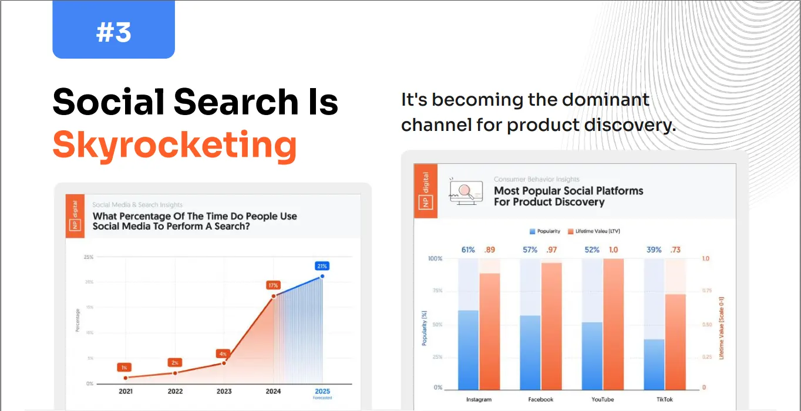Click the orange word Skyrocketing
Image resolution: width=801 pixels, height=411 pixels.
click(x=174, y=144)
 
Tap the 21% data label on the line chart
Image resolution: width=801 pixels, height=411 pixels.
click(x=322, y=265)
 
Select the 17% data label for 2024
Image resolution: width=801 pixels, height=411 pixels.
click(x=272, y=285)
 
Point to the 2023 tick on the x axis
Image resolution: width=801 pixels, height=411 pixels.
click(x=224, y=391)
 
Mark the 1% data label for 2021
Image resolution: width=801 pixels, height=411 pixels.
click(x=124, y=368)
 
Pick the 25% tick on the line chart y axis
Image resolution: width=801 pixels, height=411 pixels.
click(x=89, y=257)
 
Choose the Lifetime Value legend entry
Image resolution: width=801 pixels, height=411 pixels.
click(x=594, y=231)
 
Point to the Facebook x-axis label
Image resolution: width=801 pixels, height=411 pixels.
click(x=541, y=399)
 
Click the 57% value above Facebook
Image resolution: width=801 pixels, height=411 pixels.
click(x=530, y=250)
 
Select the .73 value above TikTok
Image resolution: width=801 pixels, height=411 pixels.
click(x=675, y=250)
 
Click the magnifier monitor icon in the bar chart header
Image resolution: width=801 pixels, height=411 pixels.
click(x=465, y=191)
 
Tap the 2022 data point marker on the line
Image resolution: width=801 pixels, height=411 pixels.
click(x=174, y=373)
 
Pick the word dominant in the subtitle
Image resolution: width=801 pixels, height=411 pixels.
click(x=606, y=100)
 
